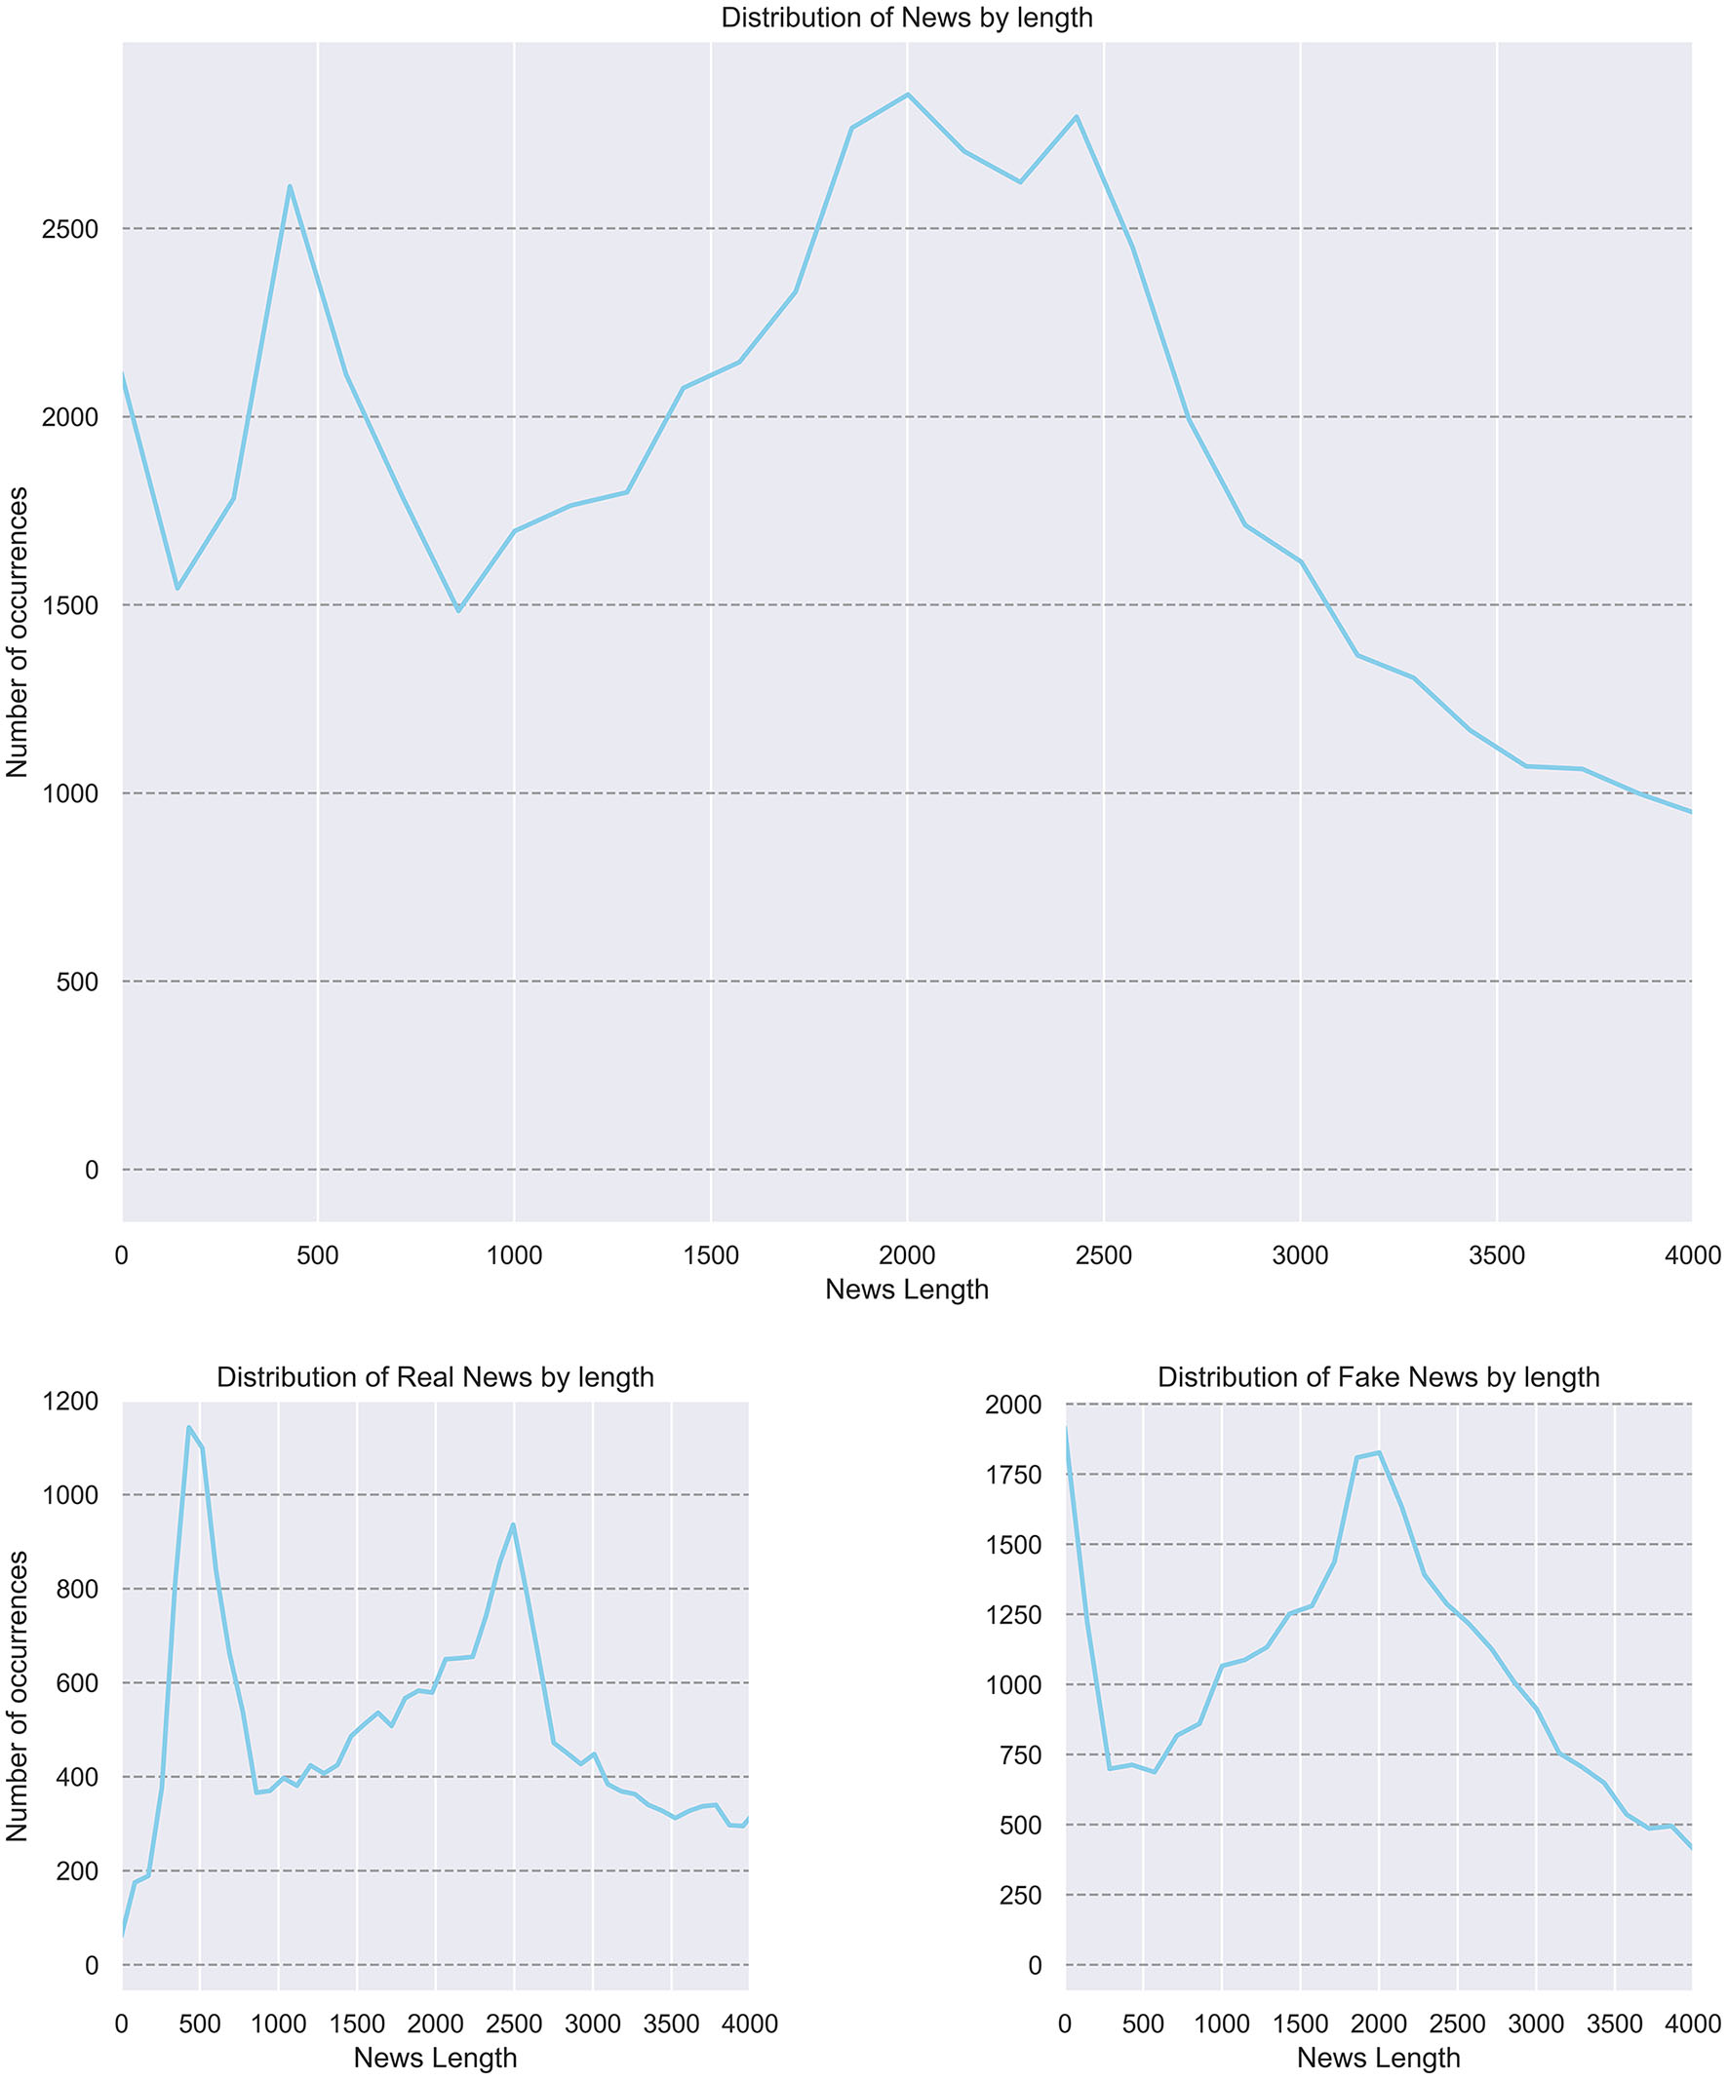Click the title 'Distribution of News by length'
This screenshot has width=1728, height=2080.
[x=906, y=18]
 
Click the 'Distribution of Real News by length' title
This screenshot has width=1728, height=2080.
[x=435, y=1377]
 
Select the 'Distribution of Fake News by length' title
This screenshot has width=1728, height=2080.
[x=1377, y=1377]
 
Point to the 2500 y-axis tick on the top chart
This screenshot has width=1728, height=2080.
[x=69, y=230]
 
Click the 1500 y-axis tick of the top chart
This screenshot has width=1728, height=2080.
[x=69, y=606]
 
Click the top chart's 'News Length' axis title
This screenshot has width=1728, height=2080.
[x=906, y=1290]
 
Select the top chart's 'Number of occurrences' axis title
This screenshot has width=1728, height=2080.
[x=18, y=634]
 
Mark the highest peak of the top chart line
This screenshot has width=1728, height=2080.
[x=908, y=95]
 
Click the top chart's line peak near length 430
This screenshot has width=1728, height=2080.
[x=290, y=185]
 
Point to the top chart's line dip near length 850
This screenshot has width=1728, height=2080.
[x=457, y=610]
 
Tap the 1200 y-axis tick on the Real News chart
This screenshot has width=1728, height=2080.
[x=71, y=1401]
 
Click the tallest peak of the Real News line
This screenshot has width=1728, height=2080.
[x=188, y=1427]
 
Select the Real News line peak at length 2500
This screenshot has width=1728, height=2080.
[x=513, y=1524]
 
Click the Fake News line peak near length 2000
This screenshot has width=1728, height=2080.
[x=1378, y=1453]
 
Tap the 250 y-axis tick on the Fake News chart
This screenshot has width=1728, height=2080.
[x=1021, y=1895]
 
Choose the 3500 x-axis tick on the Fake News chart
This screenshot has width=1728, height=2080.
[x=1615, y=2023]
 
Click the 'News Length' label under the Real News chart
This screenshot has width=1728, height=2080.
[x=435, y=2059]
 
